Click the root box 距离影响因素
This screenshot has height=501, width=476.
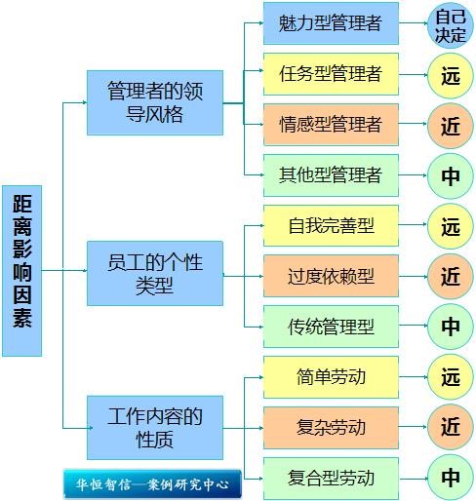21,271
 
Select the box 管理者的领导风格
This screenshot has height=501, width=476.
155,102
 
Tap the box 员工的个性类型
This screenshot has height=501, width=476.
155,273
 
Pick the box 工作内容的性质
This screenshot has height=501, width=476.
155,428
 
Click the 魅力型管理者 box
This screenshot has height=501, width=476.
331,23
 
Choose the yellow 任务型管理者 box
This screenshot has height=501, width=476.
331,74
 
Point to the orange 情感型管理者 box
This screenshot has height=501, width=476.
331,125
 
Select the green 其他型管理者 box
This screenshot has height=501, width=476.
331,175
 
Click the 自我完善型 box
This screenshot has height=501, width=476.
331,225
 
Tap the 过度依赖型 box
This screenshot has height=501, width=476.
331,276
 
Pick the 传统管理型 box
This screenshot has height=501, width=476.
331,327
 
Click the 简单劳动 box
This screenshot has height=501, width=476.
331,377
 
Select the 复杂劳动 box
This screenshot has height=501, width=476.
331,428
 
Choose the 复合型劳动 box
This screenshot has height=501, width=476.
331,479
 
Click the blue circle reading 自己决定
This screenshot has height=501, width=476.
451,25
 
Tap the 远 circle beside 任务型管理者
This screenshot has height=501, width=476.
451,76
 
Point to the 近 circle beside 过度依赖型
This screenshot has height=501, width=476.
451,277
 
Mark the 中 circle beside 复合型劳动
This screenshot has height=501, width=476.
451,478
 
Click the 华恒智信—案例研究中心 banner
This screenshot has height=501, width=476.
152,484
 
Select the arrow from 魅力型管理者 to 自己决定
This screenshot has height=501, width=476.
413,23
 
